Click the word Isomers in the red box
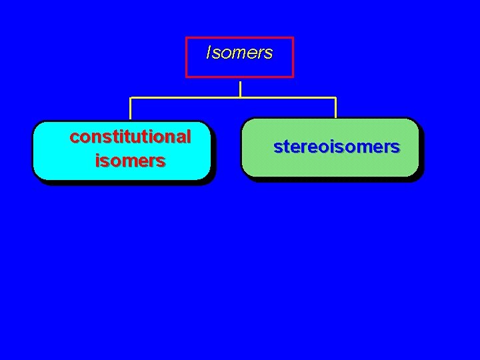[x=239, y=53]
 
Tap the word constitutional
[x=130, y=137]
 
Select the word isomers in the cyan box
[x=130, y=161]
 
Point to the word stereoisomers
[x=337, y=147]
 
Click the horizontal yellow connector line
[x=187, y=98]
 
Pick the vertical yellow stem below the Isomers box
[x=240, y=89]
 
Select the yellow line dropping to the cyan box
[x=131, y=109]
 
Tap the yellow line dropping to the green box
[x=335, y=108]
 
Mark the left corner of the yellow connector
[x=131, y=98]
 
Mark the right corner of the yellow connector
[x=335, y=98]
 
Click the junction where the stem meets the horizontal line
[x=240, y=98]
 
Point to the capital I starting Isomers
[x=209, y=53]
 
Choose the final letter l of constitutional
[x=189, y=137]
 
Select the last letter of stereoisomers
[x=396, y=147]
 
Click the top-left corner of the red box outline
[x=187, y=38]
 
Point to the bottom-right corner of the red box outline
[x=293, y=77]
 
